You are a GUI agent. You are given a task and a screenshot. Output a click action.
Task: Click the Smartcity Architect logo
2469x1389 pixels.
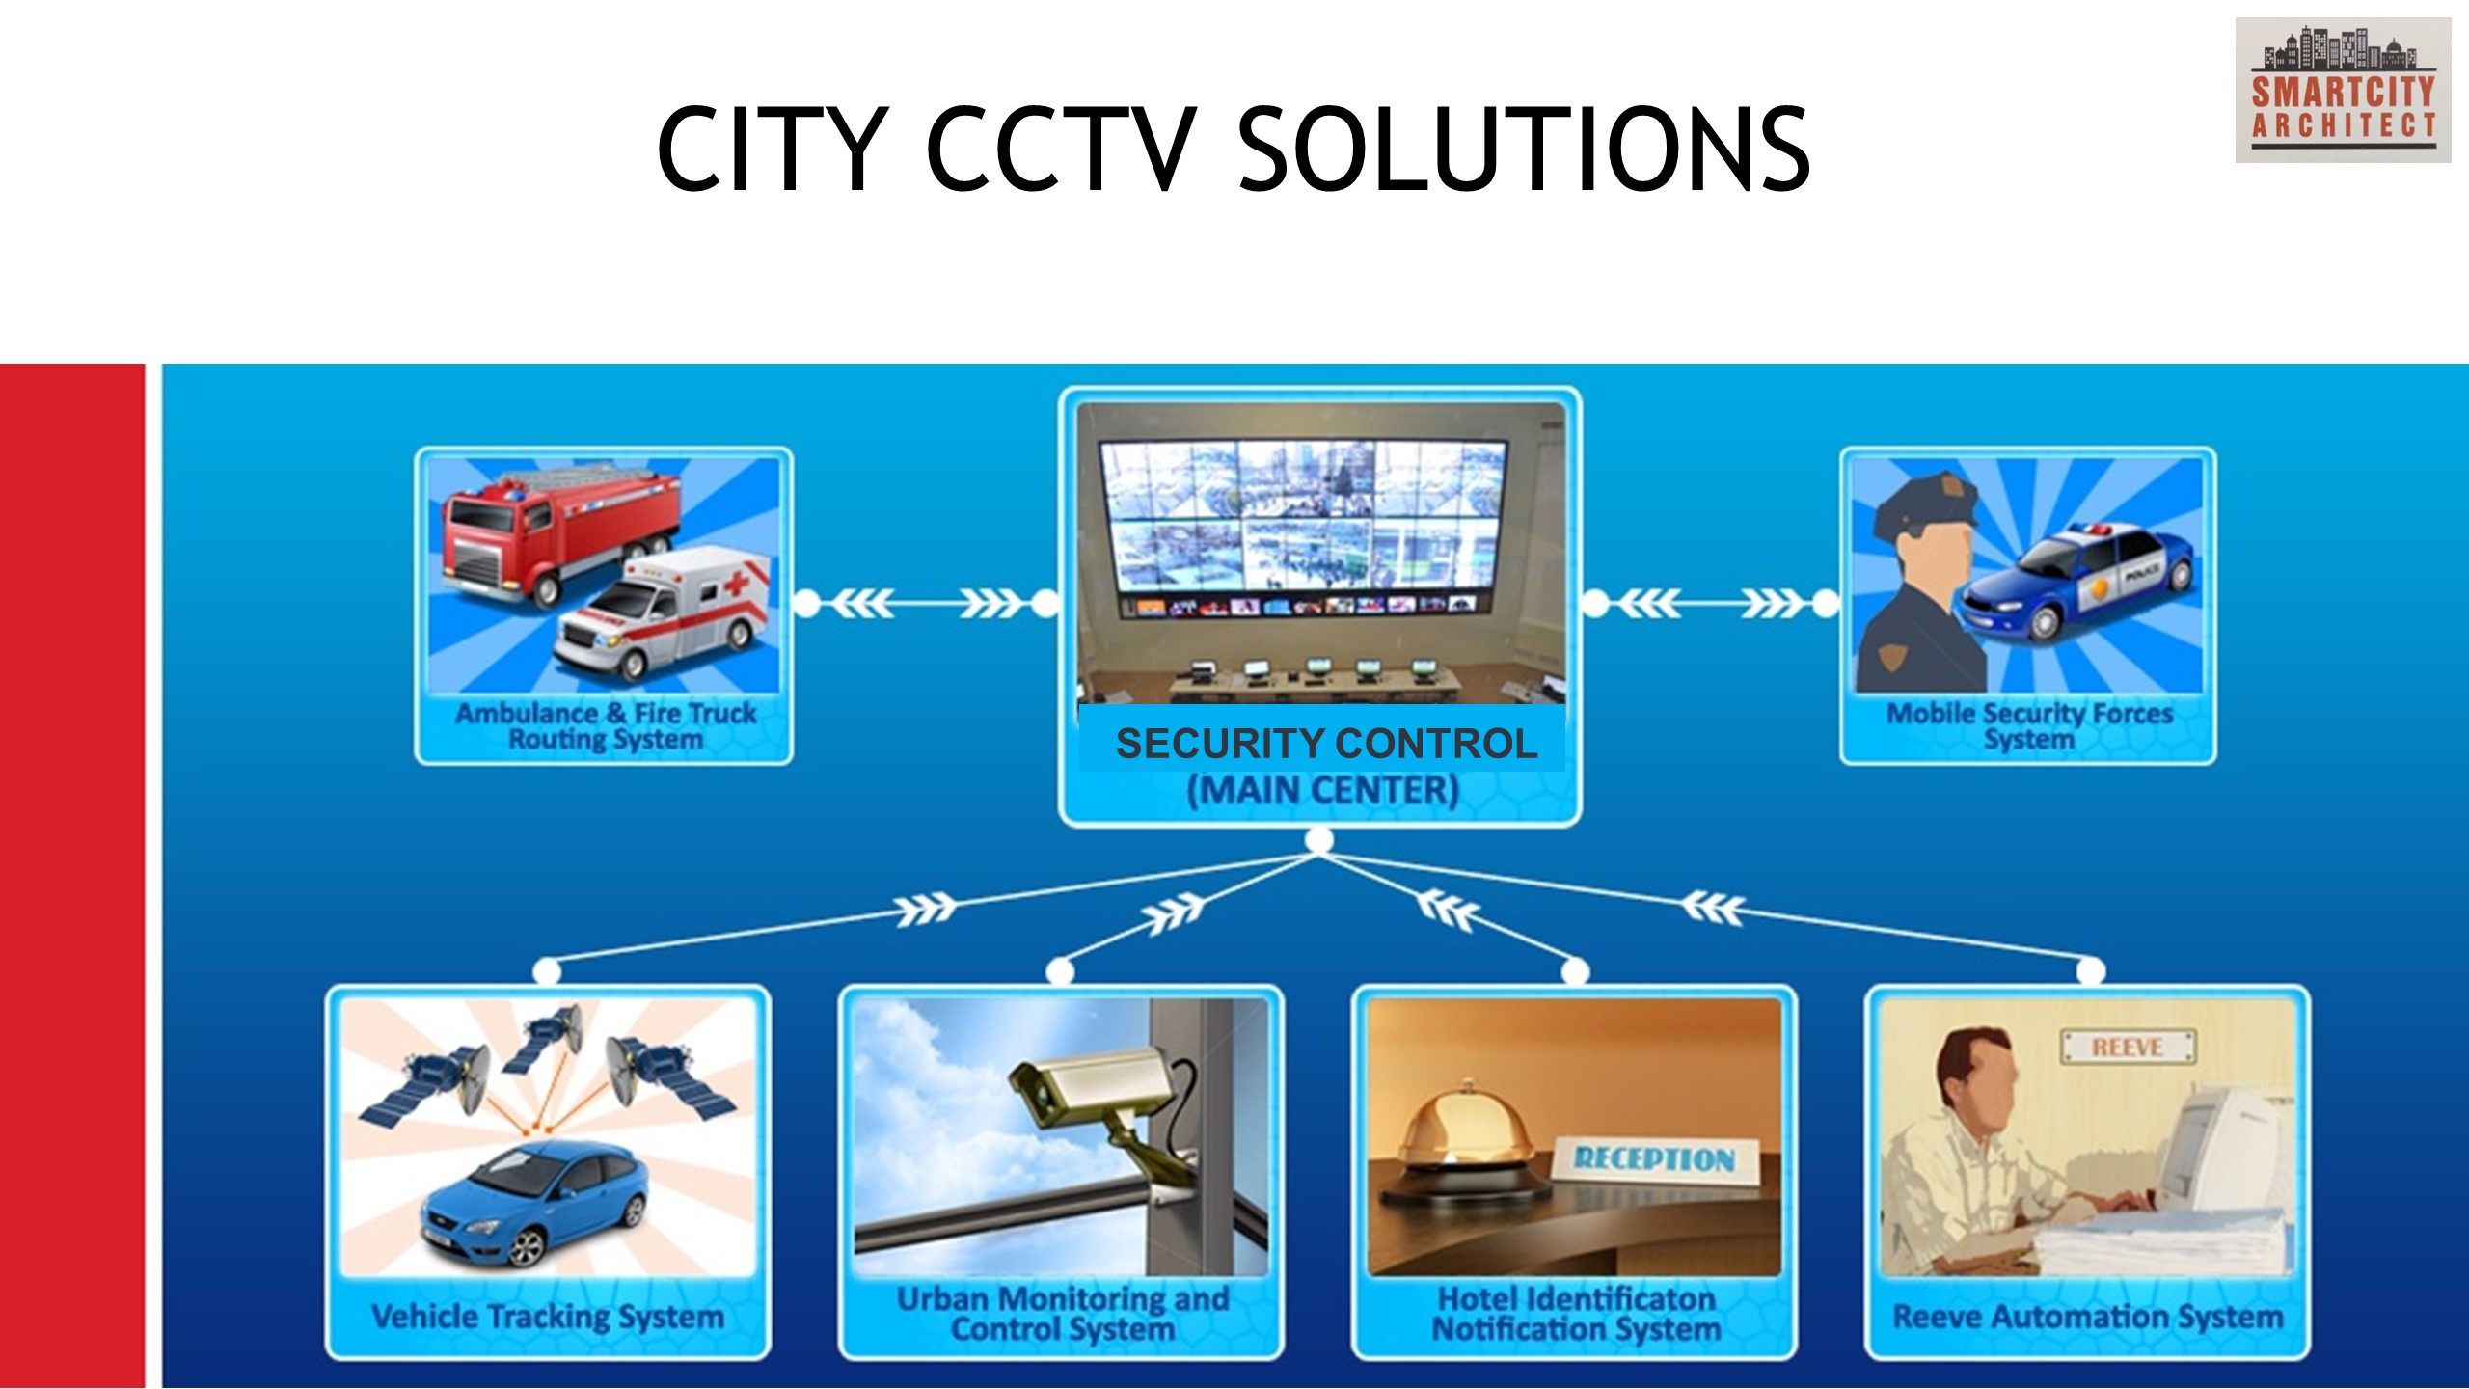(2343, 90)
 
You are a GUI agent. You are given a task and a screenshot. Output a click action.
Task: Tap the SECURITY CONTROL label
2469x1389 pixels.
(1326, 744)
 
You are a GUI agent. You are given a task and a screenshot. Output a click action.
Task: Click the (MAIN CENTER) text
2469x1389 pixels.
(1323, 790)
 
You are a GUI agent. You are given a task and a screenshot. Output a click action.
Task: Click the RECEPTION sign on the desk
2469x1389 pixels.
(1655, 1157)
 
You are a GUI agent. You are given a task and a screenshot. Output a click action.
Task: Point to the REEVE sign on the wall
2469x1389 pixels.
(2129, 1047)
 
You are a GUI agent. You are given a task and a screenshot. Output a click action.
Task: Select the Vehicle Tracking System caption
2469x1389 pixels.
(548, 1317)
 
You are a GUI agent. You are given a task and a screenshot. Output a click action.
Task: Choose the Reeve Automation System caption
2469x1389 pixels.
(2088, 1317)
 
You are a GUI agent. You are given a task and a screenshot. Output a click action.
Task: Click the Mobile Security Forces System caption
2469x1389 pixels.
(2029, 726)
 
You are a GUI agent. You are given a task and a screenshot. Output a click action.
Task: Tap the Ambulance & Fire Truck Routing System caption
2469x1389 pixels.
(606, 726)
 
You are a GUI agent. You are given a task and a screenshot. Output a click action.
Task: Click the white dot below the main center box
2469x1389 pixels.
(1319, 841)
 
